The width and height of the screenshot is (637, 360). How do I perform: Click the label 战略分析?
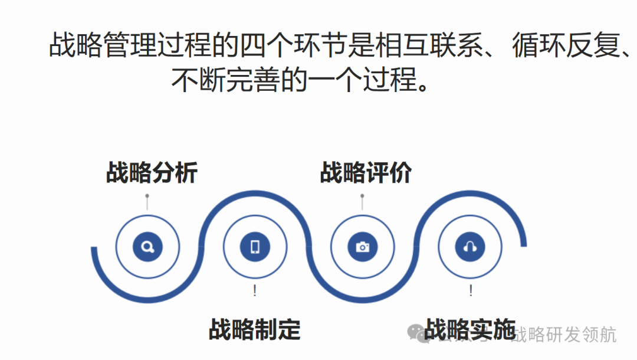tap(152, 174)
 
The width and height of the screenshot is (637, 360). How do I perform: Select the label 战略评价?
tap(366, 174)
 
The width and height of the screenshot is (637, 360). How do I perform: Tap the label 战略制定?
tap(255, 329)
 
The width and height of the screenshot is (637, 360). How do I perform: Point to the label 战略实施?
tap(470, 329)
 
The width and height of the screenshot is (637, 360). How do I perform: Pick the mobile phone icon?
tap(255, 247)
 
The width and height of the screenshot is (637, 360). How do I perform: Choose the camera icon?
tap(363, 247)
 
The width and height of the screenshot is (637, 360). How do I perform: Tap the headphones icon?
tap(470, 247)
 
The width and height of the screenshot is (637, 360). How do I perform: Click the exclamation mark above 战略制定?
tap(255, 290)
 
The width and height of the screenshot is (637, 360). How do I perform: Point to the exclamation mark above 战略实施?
tap(471, 290)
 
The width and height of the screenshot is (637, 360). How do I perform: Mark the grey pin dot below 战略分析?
tap(147, 196)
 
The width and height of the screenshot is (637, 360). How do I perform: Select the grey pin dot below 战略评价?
tap(362, 196)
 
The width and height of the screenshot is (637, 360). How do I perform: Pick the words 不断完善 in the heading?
tap(224, 80)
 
